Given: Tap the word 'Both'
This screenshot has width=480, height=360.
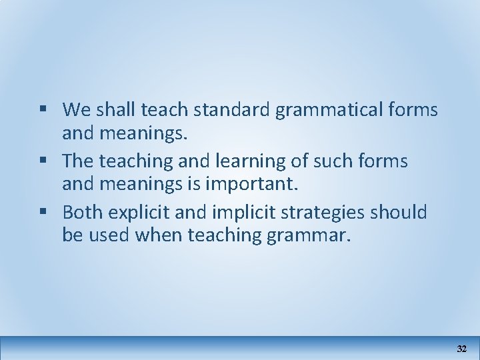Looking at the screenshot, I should pyautogui.click(x=82, y=212).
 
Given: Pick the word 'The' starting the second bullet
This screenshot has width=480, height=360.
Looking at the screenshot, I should pyautogui.click(x=77, y=161).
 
